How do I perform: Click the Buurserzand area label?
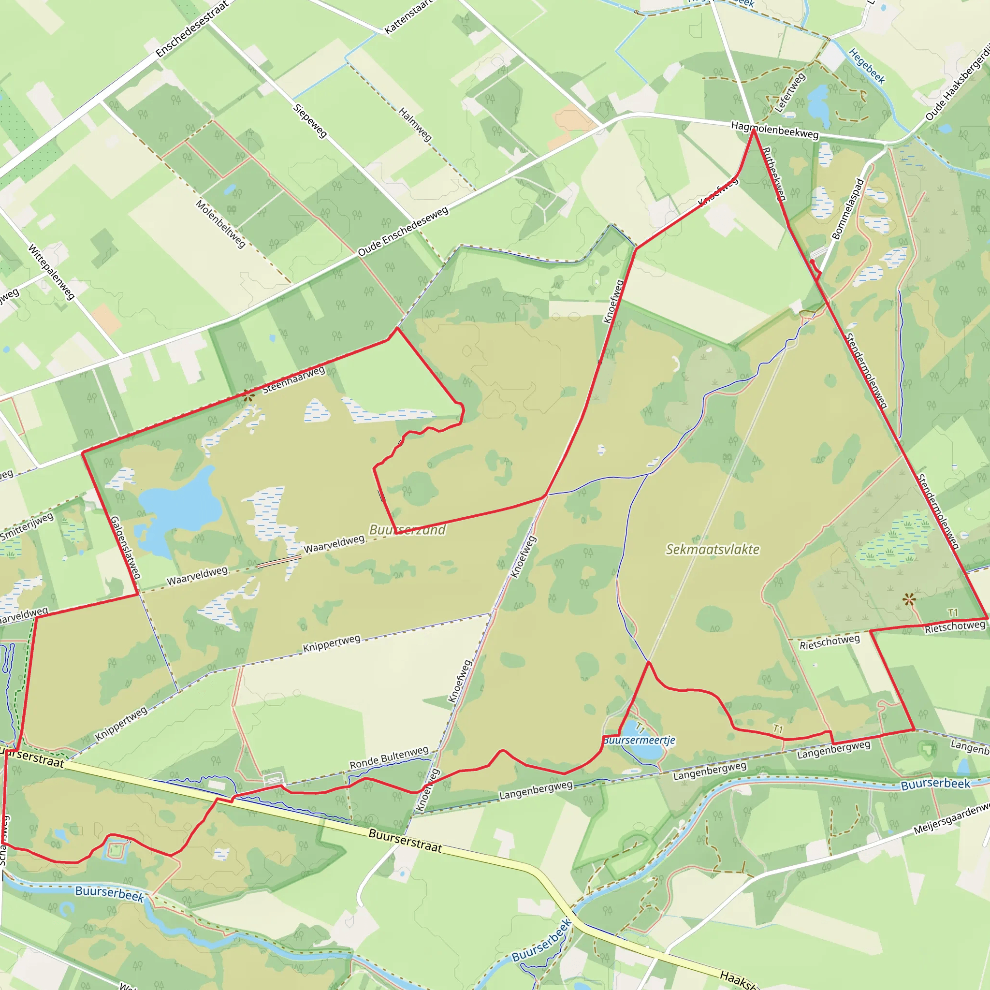[408, 529]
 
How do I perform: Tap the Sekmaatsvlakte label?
[712, 549]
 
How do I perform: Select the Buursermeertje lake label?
[640, 741]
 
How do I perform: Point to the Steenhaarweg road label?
[293, 379]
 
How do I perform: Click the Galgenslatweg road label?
[126, 547]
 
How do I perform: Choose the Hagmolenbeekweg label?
[775, 130]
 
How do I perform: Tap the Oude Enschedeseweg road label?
[403, 231]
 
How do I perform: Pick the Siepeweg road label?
[310, 121]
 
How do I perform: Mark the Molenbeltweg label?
[221, 224]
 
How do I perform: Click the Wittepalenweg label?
[52, 272]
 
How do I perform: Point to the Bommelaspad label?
[848, 208]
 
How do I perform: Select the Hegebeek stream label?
[867, 66]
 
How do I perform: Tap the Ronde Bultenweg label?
[389, 758]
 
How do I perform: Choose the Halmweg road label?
[415, 125]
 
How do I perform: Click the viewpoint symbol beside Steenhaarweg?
[248, 395]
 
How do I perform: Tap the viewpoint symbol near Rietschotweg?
[910, 599]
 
